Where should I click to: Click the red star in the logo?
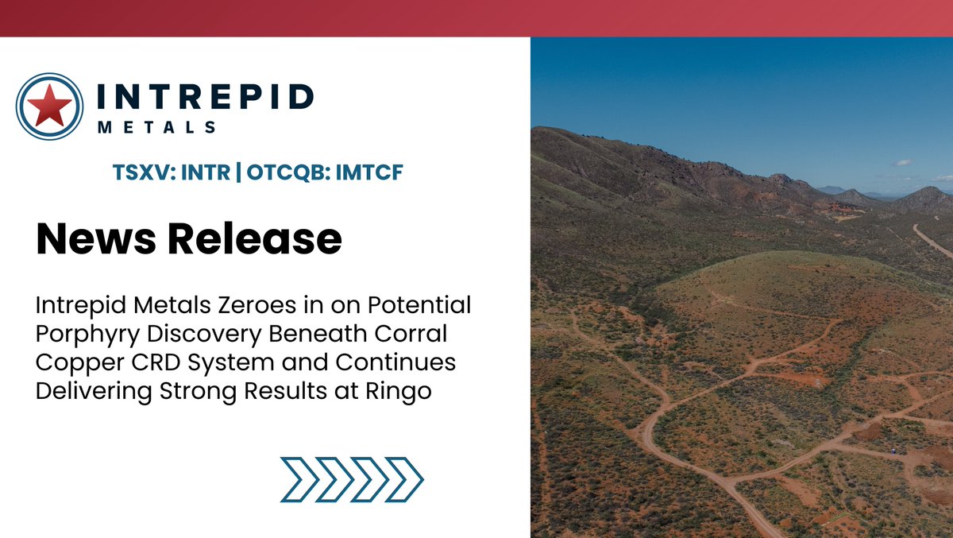[49, 106]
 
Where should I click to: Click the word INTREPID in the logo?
[204, 97]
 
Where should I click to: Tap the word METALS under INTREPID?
[156, 127]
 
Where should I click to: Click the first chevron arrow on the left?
[298, 479]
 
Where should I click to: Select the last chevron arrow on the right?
[405, 479]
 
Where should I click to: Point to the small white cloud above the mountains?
[902, 162]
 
